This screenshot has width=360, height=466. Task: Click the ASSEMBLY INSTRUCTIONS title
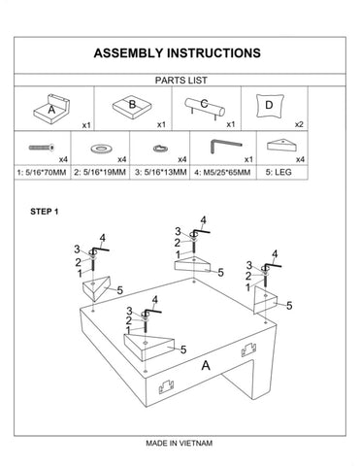click(178, 53)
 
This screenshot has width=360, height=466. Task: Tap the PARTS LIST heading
click(180, 81)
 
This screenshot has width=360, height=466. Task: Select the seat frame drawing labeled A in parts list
click(51, 109)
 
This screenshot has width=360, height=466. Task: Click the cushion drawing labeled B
click(132, 106)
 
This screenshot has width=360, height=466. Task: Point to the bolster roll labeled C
click(205, 108)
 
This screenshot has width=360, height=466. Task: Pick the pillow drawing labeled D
click(270, 106)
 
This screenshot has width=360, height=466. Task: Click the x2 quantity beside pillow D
click(299, 124)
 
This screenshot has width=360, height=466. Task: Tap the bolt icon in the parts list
click(42, 148)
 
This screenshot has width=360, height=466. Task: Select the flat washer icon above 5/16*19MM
click(102, 149)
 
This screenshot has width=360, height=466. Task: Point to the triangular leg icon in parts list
click(282, 145)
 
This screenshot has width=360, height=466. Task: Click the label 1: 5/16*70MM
click(42, 173)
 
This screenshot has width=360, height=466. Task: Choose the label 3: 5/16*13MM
click(161, 172)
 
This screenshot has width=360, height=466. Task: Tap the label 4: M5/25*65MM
click(222, 173)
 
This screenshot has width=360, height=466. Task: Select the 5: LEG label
click(278, 172)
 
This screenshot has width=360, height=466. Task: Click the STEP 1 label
click(45, 212)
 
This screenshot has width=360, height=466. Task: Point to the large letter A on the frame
click(206, 366)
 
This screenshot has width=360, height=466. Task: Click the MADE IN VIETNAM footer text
click(180, 443)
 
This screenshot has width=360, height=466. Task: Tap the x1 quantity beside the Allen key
click(248, 159)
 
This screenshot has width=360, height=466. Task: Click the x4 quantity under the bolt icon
click(63, 159)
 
